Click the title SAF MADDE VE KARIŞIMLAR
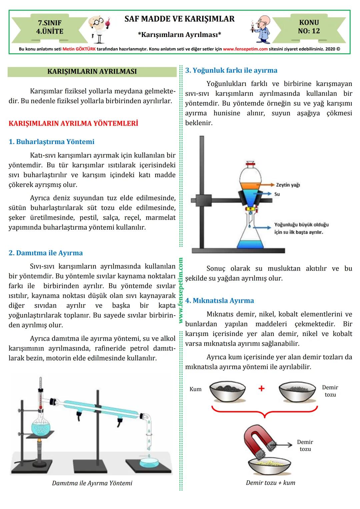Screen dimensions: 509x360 179,19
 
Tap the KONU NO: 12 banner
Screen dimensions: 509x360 309,27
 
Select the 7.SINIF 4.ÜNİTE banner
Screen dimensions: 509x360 50,27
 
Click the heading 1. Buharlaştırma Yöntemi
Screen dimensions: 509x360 51,142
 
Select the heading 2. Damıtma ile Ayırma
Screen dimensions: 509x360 46,253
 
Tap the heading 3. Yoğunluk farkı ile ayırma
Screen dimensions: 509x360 231,70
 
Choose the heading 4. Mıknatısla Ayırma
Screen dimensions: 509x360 220,301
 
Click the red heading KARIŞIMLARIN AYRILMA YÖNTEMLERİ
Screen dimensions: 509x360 73,123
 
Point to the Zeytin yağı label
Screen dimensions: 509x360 288,185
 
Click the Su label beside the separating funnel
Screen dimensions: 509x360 277,194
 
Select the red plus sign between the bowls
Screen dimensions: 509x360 261,388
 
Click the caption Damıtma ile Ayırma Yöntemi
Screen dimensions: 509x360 92,483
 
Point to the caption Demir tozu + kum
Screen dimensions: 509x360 270,483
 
